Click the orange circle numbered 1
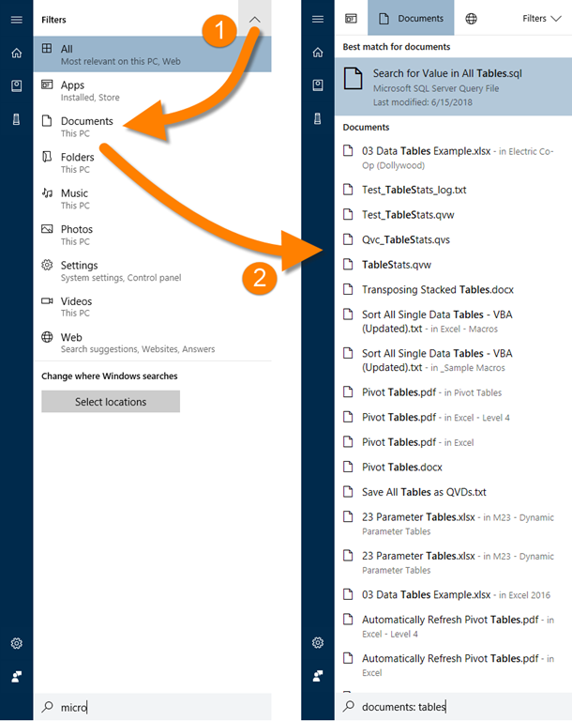tap(219, 30)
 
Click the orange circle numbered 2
tap(260, 278)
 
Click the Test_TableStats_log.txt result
tap(414, 190)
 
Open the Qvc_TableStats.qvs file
tap(406, 239)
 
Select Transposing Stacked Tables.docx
tap(437, 290)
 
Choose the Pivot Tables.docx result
tap(401, 468)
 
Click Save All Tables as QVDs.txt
tap(424, 492)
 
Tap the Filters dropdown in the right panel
tap(542, 19)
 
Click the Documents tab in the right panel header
tap(411, 19)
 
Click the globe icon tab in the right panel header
tap(471, 19)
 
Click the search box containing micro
tap(153, 707)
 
